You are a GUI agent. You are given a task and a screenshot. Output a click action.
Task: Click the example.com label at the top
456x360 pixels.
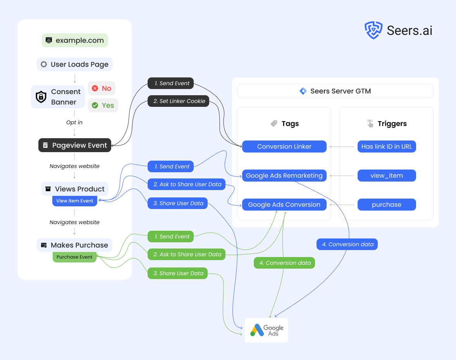point(75,40)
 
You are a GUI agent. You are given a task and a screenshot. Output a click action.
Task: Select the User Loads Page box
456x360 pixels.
point(75,64)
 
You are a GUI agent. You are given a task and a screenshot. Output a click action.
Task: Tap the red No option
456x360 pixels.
point(102,88)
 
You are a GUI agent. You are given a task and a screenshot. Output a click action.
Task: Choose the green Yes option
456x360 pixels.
point(103,105)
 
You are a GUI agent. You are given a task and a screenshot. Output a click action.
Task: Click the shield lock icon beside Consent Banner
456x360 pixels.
point(41,97)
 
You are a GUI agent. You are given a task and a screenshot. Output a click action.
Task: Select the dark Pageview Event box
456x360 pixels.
point(75,145)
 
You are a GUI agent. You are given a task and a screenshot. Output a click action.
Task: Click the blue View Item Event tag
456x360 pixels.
point(75,201)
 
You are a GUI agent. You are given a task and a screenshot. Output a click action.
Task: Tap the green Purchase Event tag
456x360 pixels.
point(74,257)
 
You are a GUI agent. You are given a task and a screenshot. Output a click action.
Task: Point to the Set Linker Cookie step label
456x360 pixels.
point(178,101)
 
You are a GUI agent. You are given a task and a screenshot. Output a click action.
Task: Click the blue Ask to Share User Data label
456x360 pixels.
point(186,184)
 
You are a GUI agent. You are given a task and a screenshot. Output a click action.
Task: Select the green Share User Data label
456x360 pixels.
point(178,273)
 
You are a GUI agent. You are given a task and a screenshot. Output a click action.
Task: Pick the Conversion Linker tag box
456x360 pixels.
point(284,146)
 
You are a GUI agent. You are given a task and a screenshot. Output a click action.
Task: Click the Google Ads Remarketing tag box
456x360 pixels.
point(284,175)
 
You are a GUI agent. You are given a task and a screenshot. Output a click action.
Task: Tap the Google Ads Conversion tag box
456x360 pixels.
point(284,204)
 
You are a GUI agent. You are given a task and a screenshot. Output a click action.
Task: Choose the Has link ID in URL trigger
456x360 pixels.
point(387,146)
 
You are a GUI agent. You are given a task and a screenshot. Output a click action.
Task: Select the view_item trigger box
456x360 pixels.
point(387,175)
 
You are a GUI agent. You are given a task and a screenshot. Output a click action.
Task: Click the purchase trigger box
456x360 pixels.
point(387,204)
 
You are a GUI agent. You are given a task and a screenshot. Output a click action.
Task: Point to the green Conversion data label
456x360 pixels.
point(284,263)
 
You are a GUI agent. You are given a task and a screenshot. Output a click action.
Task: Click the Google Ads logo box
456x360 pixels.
point(267,330)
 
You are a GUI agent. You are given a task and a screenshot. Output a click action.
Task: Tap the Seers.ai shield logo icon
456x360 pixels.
point(373,30)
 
